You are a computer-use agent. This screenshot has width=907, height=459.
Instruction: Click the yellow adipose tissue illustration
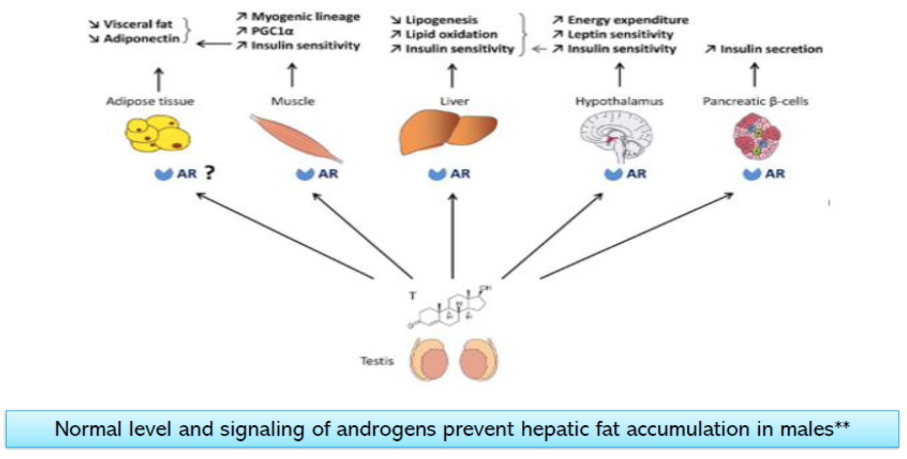tap(158, 134)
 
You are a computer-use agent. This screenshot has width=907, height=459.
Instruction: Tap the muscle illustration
tap(296, 138)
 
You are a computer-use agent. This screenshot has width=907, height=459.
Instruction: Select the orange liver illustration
tap(447, 132)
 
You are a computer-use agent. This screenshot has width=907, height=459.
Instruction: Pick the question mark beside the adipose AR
tap(209, 173)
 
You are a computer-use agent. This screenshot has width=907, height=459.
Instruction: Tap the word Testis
tap(377, 361)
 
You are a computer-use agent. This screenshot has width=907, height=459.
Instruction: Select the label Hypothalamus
tap(619, 101)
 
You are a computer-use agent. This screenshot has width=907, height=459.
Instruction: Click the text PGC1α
tap(272, 31)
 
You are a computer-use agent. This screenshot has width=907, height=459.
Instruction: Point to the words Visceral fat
tap(138, 24)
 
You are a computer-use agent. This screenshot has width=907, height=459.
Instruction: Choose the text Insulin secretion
tap(771, 49)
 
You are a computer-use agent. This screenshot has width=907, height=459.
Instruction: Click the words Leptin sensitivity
tap(620, 34)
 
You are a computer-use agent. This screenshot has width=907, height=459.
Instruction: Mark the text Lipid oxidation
tap(451, 34)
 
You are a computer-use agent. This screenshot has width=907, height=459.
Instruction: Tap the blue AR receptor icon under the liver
tap(437, 174)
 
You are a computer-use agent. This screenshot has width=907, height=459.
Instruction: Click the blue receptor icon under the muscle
tap(305, 174)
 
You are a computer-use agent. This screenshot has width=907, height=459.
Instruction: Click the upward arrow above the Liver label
tap(452, 75)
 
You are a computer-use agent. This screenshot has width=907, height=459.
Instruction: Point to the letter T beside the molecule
tap(412, 296)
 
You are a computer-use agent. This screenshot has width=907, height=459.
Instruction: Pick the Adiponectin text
tap(141, 38)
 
